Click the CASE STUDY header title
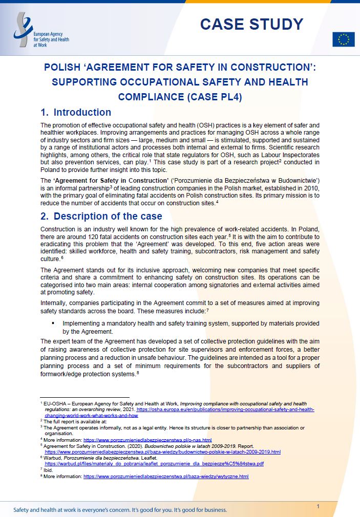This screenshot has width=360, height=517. pos(251,24)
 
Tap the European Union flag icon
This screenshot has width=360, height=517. pos(343,39)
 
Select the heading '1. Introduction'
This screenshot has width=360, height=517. pos(76,113)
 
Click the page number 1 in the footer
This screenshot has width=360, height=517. pos(318,506)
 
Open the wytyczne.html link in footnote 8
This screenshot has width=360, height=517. pos(166,476)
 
